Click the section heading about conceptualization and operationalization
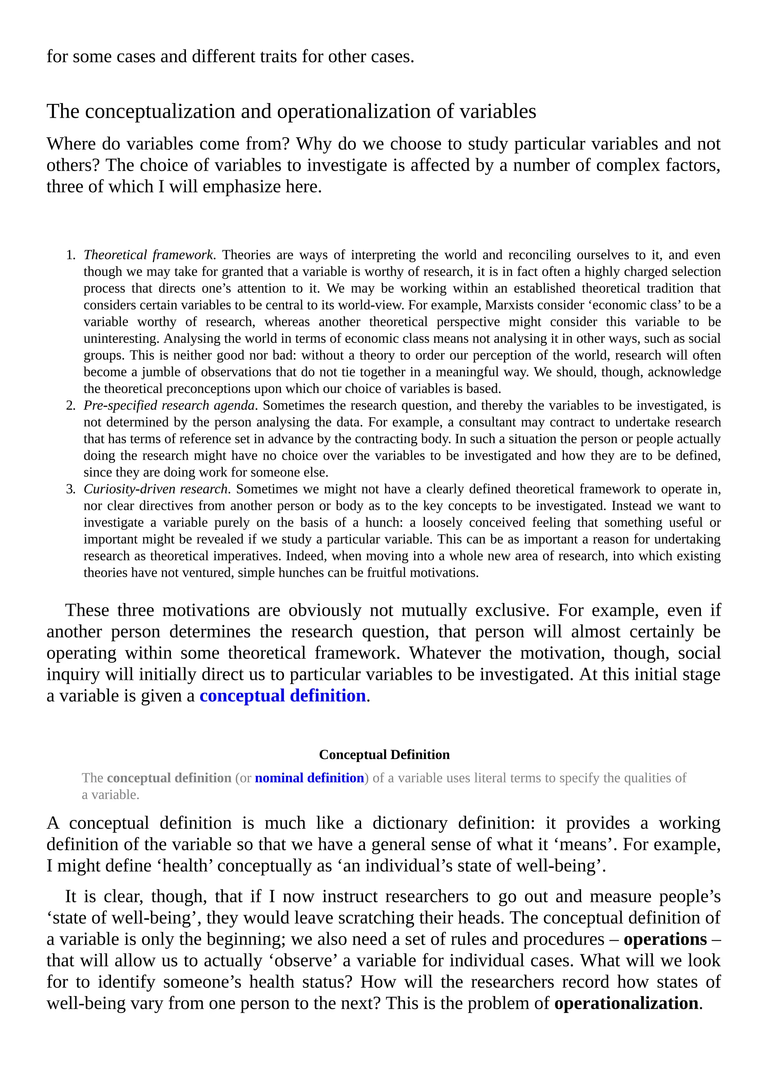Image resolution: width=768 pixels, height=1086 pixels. click(291, 112)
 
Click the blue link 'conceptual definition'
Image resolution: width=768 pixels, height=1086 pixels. click(282, 696)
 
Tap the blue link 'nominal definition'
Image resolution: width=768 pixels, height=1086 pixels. click(309, 778)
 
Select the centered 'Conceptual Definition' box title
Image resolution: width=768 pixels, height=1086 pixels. click(384, 754)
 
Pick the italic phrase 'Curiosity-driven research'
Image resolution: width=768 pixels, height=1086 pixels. click(156, 489)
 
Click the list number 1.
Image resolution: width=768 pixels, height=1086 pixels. click(70, 255)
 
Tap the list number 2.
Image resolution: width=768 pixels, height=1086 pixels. click(70, 406)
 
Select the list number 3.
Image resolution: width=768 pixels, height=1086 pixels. click(70, 489)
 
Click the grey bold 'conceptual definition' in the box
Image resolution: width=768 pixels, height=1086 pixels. click(169, 778)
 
